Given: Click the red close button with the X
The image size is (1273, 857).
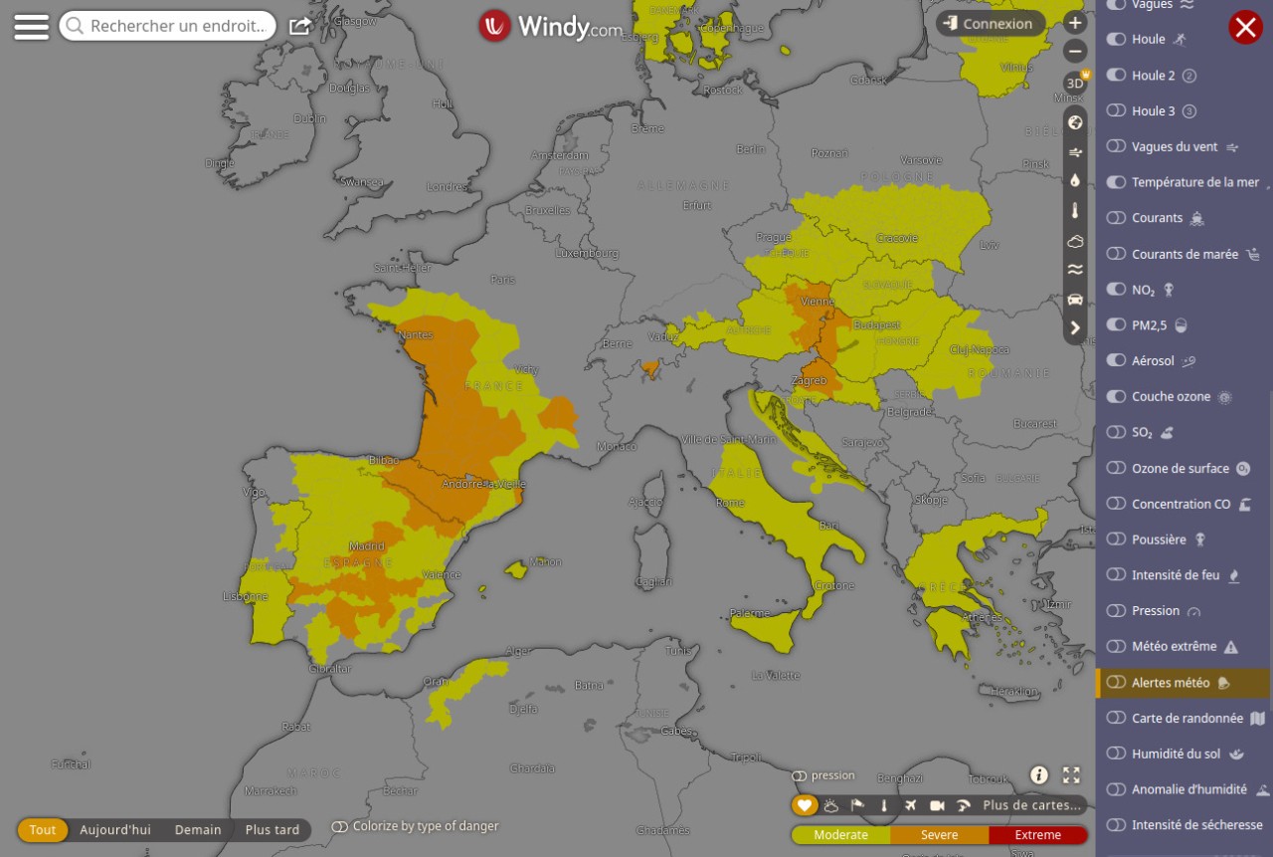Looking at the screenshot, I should pos(1245,27).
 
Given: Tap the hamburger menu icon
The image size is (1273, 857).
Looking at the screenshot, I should pos(31,27).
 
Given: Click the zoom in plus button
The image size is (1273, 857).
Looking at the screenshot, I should pos(1075,23).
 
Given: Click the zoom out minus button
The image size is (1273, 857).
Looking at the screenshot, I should pos(1075,52).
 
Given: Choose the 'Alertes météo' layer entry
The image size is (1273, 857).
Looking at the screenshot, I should pos(1171,683).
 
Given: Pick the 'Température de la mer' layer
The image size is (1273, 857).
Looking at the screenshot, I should pos(1194,182).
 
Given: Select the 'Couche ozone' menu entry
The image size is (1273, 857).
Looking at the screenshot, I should pos(1171,397).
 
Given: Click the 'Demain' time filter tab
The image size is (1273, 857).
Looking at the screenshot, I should pos(198,830).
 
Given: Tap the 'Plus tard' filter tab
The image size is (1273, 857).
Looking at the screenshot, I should pos(273,830).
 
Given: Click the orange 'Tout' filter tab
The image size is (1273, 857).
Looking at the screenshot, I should pos(43,830).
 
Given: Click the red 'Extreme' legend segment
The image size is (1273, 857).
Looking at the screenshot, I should pos(1038,835).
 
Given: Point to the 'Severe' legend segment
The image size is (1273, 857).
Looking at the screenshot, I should pos(939,835).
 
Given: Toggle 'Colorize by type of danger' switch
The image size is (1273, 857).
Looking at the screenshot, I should pos(340,826).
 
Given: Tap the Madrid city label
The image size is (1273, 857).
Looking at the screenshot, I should pos(367,546).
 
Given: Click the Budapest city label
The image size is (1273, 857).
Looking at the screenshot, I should pos(876,325).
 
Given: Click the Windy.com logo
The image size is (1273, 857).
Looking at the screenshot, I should pos(551,27).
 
